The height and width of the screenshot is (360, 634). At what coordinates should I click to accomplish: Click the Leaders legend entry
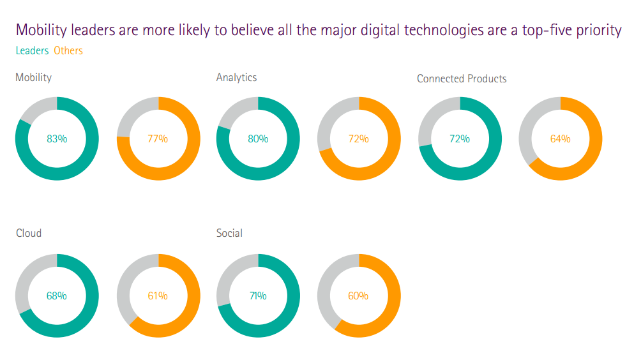point(32,50)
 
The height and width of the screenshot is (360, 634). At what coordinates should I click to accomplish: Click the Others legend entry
point(68,50)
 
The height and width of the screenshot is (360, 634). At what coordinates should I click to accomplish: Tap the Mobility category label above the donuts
point(33,77)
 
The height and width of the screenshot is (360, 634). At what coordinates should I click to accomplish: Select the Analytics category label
point(236,77)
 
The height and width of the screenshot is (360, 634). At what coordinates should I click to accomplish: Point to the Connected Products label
point(462,79)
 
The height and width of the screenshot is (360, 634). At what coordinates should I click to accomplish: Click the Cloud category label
point(29,233)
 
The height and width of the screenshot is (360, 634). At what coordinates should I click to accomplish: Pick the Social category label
point(229,233)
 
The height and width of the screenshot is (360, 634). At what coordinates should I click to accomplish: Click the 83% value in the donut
point(57,139)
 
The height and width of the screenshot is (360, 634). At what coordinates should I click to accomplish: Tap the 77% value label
point(158,139)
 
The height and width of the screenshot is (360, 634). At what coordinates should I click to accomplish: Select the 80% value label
point(258,139)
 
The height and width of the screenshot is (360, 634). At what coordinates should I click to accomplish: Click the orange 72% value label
point(358,139)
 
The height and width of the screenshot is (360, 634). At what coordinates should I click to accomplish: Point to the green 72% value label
point(459,139)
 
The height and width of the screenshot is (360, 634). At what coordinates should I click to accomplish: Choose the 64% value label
point(560,139)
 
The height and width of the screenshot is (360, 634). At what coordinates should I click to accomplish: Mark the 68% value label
point(57,296)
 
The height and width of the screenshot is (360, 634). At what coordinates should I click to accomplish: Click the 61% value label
point(158,296)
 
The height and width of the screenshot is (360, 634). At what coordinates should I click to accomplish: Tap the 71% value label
point(258,296)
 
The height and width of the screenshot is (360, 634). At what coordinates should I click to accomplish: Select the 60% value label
point(358,296)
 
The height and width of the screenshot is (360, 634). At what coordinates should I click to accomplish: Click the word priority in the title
point(596,30)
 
